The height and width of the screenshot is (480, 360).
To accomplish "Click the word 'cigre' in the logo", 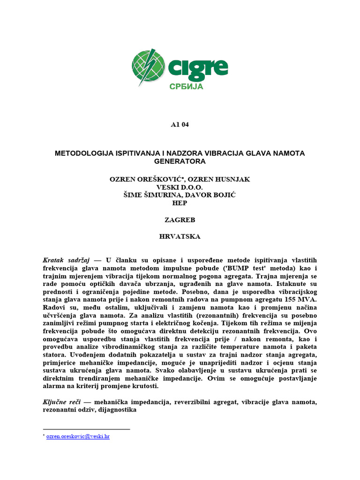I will [x=199, y=68].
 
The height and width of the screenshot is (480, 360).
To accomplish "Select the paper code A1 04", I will [x=180, y=125].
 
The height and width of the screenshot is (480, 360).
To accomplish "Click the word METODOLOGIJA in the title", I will [x=83, y=153].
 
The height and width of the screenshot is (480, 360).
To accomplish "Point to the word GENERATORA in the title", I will [x=180, y=161].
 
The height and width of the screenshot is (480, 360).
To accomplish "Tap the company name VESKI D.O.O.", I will [x=180, y=187].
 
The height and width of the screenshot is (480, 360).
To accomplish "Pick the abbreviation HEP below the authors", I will [x=180, y=203].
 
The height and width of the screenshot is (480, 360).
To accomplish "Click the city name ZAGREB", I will [x=180, y=219].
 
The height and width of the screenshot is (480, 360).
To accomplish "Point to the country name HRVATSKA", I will [x=180, y=236].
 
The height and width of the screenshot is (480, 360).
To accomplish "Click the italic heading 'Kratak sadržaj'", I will [x=66, y=259].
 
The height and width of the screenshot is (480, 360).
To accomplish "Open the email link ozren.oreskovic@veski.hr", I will [x=78, y=436].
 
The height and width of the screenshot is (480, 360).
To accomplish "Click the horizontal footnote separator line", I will [x=86, y=429].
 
